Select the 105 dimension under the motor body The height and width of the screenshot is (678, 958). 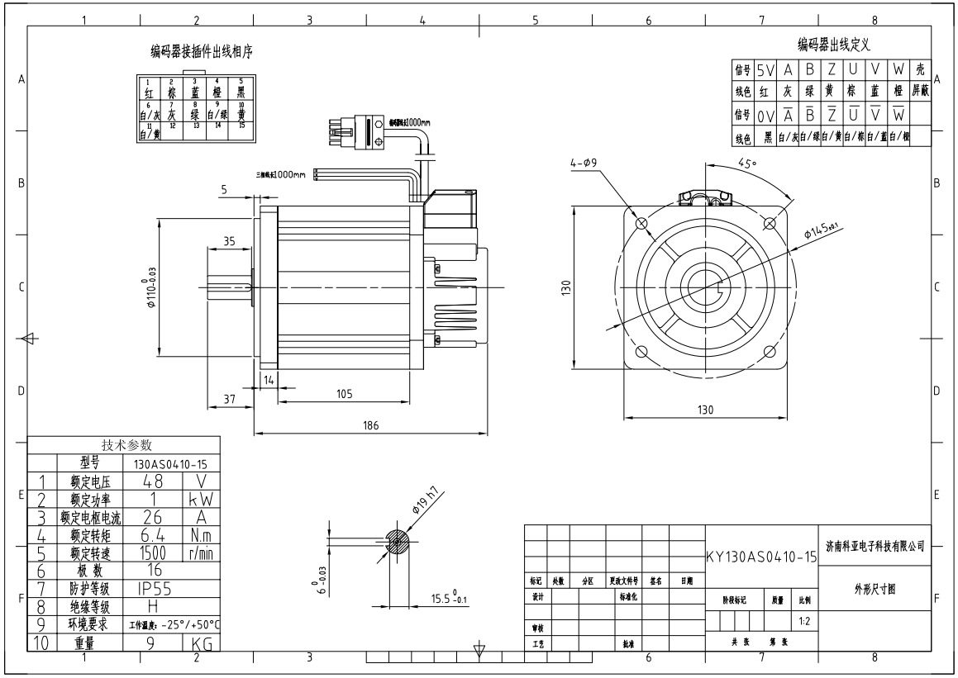point(345,394)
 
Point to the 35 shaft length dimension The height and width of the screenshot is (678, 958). point(229,241)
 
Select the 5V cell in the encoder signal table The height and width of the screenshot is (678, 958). point(765,71)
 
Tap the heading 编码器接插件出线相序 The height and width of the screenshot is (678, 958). point(201,51)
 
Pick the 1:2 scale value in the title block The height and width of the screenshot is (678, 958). point(803,619)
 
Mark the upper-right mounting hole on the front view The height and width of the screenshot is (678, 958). point(770,223)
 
